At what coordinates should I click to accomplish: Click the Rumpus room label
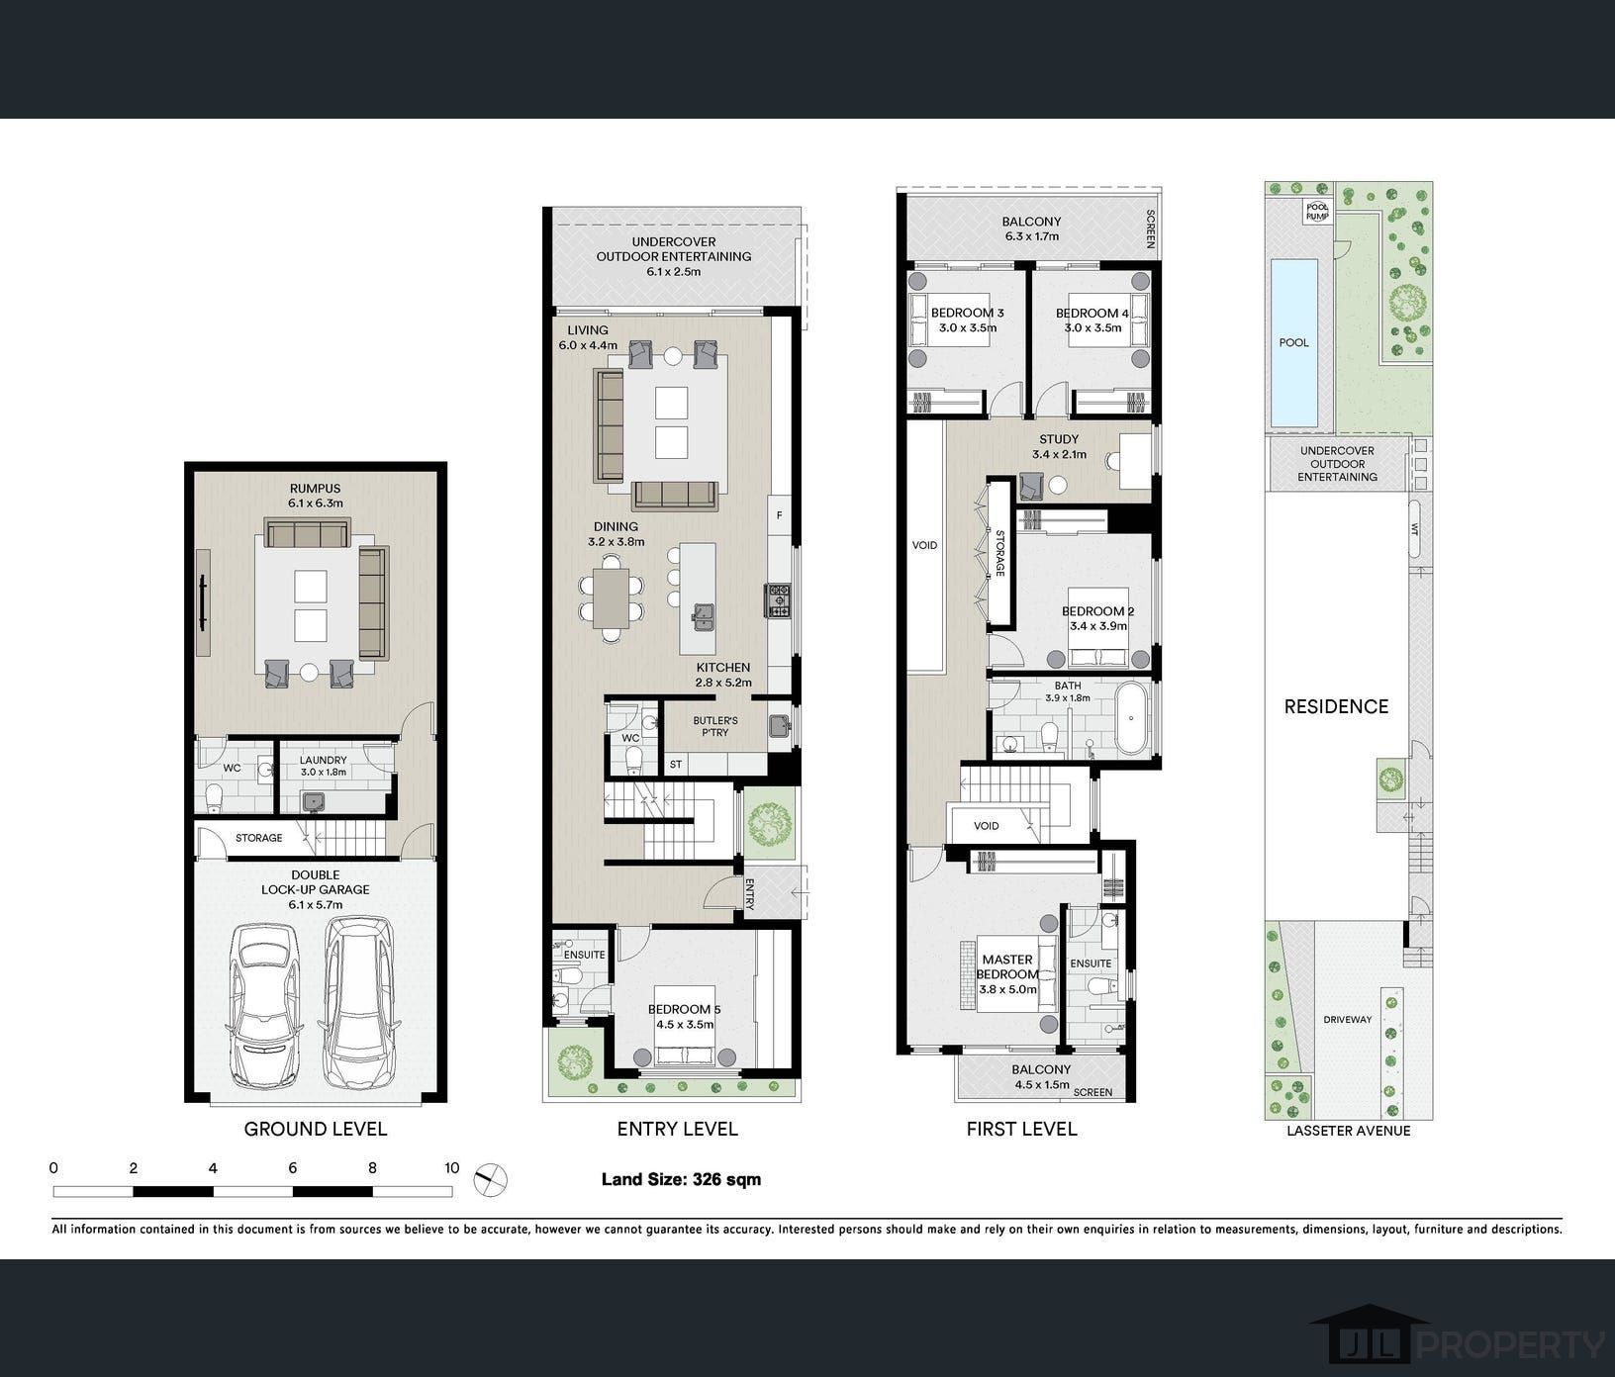point(315,489)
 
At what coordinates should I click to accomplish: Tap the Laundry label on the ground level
point(323,761)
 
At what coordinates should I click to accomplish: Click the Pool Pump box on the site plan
point(1316,211)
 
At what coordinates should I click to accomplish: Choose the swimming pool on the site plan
point(1293,342)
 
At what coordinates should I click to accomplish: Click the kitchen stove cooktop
point(778,599)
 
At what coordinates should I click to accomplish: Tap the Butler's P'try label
point(715,726)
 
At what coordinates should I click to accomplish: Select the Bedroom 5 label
point(685,1009)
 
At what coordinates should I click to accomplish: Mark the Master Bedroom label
point(1007,966)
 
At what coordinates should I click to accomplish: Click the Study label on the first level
point(1059,439)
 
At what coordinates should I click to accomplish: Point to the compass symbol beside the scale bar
point(489,1179)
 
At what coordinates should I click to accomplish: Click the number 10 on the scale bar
point(452,1168)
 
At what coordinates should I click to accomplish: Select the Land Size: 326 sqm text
point(681,1179)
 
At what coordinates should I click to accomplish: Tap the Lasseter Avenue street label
point(1348,1131)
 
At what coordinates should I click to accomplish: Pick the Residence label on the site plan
point(1336,706)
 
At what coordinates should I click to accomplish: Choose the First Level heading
point(1021,1129)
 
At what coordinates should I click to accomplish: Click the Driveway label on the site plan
point(1348,1019)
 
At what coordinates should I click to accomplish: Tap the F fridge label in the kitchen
point(780,515)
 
